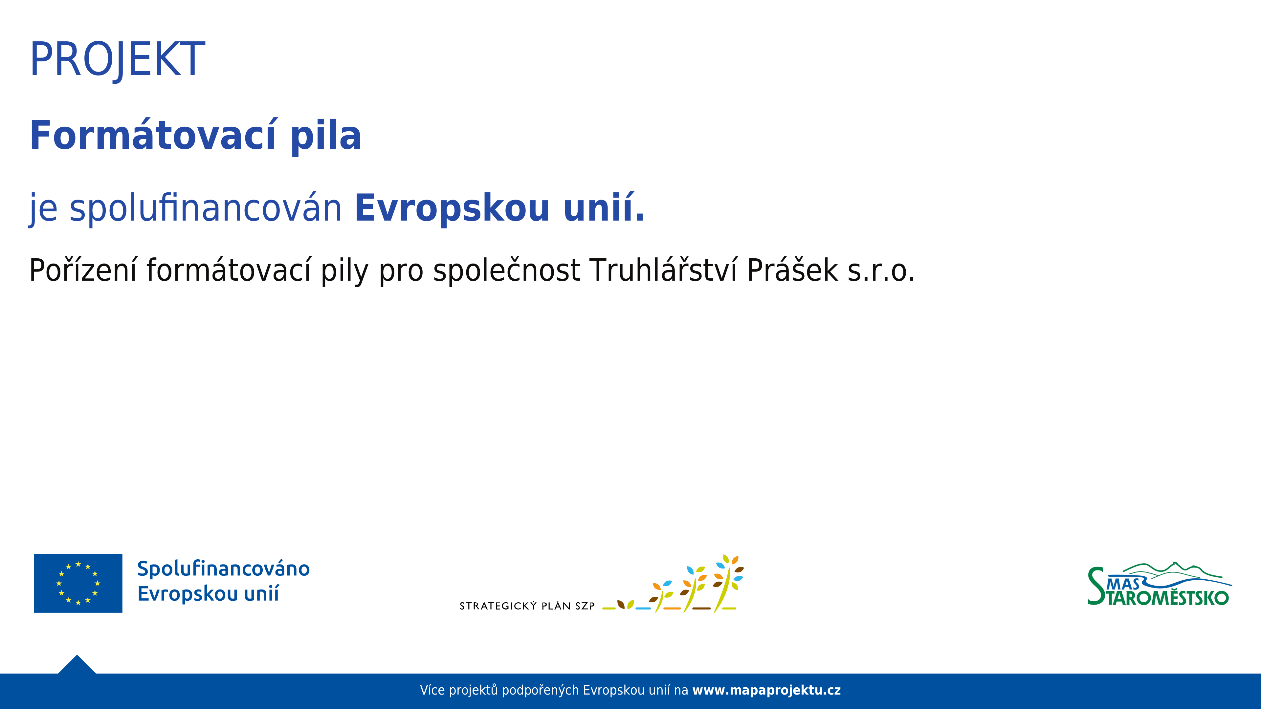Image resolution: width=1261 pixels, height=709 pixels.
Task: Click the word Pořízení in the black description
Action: click(x=82, y=270)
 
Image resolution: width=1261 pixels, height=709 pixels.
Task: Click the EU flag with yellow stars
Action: click(x=78, y=583)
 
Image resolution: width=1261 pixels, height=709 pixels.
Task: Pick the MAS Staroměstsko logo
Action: click(x=1160, y=584)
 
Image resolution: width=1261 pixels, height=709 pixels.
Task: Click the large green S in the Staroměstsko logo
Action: click(x=1096, y=586)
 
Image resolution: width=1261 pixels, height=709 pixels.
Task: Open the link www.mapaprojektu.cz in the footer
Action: click(x=766, y=690)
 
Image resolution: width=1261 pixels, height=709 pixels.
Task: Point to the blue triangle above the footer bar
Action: click(x=77, y=665)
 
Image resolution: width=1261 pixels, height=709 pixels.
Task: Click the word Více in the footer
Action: click(x=432, y=690)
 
